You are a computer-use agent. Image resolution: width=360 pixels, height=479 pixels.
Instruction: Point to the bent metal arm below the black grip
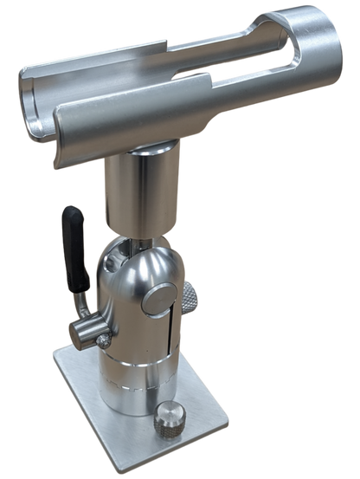coord(82,300)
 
